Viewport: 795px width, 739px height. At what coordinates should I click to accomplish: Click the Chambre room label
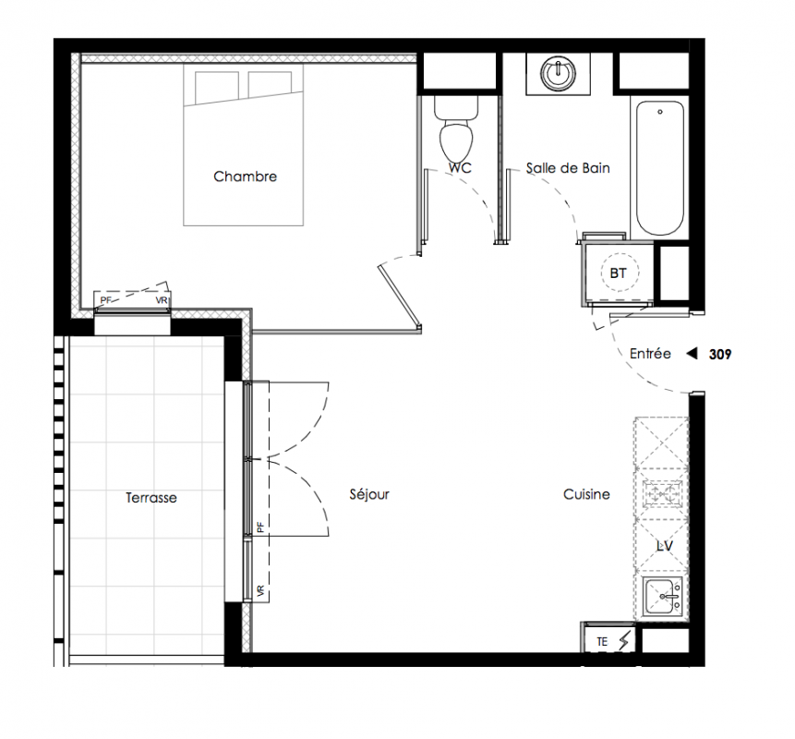click(x=245, y=176)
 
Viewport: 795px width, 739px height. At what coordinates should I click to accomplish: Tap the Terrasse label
click(x=151, y=498)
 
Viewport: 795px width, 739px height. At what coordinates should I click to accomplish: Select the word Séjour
click(x=369, y=494)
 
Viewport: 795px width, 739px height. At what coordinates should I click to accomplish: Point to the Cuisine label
click(x=586, y=494)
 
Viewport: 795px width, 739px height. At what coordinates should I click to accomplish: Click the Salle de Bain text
click(x=568, y=168)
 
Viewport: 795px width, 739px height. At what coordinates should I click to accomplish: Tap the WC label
click(x=460, y=167)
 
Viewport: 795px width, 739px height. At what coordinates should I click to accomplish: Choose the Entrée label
click(x=650, y=354)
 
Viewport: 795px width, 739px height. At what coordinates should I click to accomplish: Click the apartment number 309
click(x=720, y=354)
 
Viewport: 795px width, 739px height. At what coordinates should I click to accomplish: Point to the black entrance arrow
click(x=692, y=354)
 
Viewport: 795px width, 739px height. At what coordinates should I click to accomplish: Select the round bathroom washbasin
click(x=558, y=74)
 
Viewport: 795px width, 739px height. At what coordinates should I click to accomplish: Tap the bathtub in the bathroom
click(x=659, y=167)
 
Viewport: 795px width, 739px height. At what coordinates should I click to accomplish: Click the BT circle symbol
click(x=618, y=273)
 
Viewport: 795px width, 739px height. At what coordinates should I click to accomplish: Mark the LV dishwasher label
click(x=664, y=546)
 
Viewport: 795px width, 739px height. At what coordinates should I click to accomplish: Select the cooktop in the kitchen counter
click(x=662, y=493)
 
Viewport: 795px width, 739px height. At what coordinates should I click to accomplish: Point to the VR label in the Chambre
click(x=162, y=300)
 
